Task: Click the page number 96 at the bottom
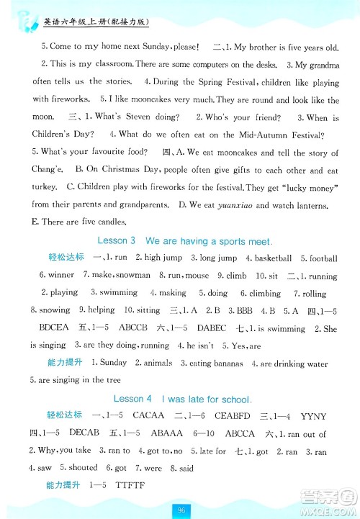181,509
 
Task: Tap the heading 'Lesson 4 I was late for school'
181,398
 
